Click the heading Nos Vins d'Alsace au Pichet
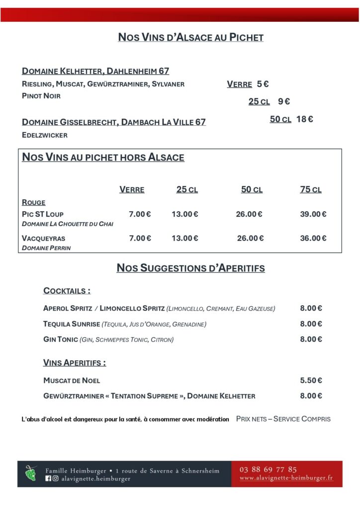[x=190, y=37]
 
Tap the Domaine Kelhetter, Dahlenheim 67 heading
[x=95, y=71]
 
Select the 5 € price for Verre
[x=263, y=84]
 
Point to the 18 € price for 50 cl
[x=304, y=119]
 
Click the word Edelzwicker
[x=45, y=135]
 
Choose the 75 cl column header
[x=311, y=189]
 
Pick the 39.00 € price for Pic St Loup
[x=313, y=214]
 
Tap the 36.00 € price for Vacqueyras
[x=313, y=238]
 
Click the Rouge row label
[x=34, y=202]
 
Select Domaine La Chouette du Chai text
[x=68, y=224]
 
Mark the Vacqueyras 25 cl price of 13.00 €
[x=185, y=238]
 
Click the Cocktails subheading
[x=67, y=291]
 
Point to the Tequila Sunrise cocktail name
[x=72, y=324]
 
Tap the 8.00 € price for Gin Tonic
[x=311, y=339]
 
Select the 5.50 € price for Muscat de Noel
[x=311, y=380]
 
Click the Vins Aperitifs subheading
[x=75, y=363]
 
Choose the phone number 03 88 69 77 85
[x=268, y=469]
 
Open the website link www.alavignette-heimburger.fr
[x=286, y=478]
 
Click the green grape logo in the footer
[x=31, y=473]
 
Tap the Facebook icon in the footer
[x=48, y=479]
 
